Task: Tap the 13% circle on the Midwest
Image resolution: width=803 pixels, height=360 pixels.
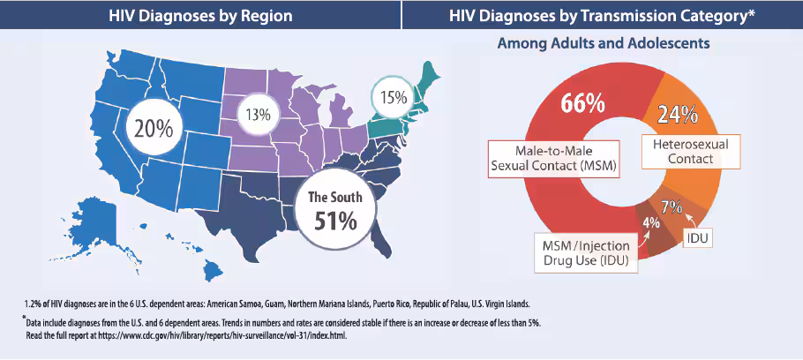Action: [259, 115]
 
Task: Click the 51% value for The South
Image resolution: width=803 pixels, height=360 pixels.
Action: [336, 221]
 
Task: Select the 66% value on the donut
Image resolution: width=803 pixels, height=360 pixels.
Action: [582, 103]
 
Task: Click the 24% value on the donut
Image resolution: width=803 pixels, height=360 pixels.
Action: [677, 116]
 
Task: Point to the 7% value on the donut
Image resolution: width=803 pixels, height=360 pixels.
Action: [671, 208]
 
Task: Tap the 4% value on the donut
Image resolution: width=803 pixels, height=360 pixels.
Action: [650, 222]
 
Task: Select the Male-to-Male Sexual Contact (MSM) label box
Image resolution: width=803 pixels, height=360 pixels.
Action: [554, 159]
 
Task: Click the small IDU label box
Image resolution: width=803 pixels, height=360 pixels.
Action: [698, 238]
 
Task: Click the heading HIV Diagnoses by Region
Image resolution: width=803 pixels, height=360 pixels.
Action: [200, 15]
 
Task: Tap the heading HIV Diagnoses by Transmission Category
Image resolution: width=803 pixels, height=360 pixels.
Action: [602, 15]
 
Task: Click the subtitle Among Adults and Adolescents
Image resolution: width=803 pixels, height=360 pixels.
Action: [604, 43]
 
